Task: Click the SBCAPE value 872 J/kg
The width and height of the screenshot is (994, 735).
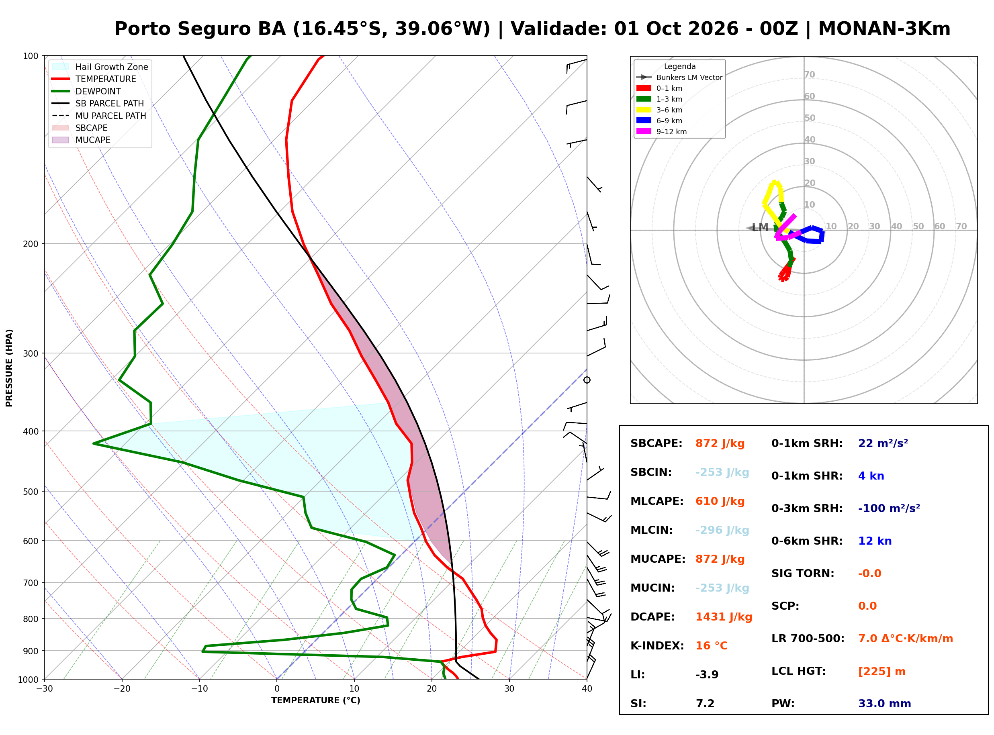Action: coord(720,443)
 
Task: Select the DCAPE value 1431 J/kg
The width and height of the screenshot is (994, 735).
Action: coord(724,617)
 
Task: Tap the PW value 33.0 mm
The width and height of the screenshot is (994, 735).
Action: coord(885,704)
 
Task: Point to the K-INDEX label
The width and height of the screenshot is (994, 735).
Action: coord(657,646)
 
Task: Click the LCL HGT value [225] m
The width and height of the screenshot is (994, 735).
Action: coord(882,672)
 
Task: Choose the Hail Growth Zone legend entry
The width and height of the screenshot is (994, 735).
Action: coord(100,67)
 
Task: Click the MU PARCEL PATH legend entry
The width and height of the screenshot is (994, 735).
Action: coord(99,116)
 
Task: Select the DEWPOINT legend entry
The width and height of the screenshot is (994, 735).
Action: coord(86,91)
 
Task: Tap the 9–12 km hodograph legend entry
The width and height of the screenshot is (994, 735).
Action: coord(662,132)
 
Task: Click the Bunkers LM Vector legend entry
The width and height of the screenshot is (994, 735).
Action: coord(679,78)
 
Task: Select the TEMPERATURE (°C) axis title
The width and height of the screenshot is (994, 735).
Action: coord(316,701)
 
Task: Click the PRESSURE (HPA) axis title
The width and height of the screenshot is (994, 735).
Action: coord(9,368)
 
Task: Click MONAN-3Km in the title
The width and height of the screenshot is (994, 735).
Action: coord(885,29)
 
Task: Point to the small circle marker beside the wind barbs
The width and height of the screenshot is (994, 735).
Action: coord(587,380)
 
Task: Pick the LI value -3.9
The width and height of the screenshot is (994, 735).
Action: coord(707,675)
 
